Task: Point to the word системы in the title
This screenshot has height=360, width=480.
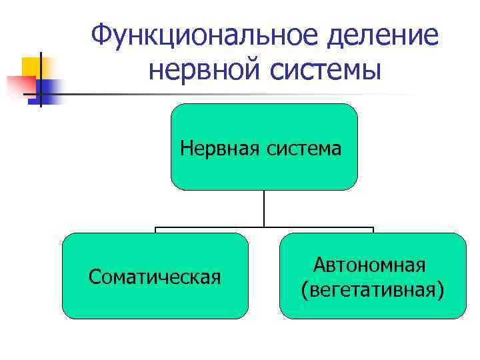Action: [323, 69]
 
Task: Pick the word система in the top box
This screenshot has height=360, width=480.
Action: [305, 147]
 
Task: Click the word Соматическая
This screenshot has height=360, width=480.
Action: [155, 276]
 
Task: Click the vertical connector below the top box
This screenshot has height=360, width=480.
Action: [264, 209]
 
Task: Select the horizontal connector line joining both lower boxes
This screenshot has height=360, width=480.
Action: [264, 228]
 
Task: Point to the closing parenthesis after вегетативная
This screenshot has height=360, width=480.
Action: [441, 290]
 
